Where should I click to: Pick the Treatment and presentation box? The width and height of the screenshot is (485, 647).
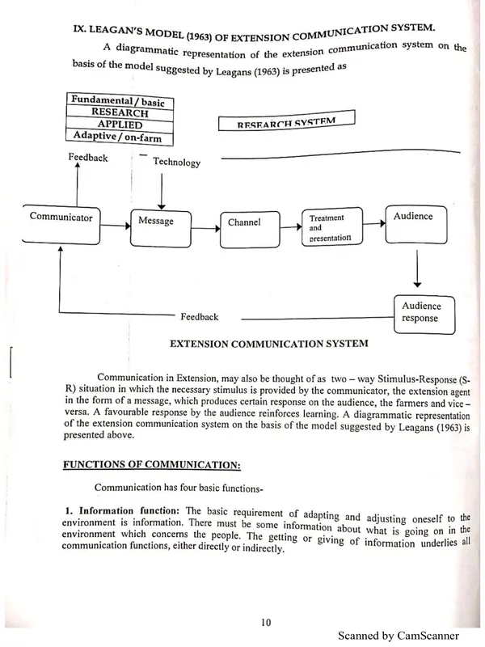click(x=330, y=227)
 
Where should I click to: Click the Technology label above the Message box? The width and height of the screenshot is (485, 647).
click(x=176, y=163)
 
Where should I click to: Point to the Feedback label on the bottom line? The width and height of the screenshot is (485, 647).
click(x=199, y=317)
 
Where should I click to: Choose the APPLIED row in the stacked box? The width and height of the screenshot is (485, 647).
click(x=120, y=125)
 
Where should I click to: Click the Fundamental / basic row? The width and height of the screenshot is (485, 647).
click(x=119, y=101)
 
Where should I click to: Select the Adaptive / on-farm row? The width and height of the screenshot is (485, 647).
click(x=120, y=137)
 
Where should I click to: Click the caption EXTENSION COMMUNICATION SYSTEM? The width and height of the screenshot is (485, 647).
click(x=268, y=343)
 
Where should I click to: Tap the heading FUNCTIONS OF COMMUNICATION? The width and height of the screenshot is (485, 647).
click(x=153, y=463)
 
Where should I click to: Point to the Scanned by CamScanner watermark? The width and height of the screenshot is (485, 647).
click(x=399, y=636)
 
